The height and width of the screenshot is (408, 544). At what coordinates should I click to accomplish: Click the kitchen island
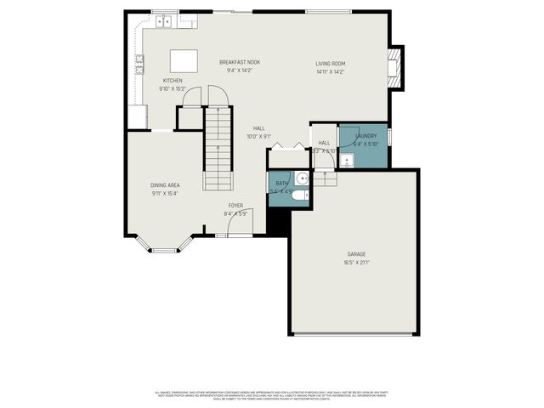[x=183, y=60]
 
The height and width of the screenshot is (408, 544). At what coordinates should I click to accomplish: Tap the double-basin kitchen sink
[x=162, y=20]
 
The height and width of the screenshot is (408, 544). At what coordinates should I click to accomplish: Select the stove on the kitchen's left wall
[x=139, y=62]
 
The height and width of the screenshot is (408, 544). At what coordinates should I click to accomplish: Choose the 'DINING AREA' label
[x=165, y=185]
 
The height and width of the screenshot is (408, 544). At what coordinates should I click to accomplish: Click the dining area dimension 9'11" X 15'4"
[x=165, y=194]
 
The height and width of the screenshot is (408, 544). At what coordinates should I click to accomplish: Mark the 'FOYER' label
[x=235, y=206]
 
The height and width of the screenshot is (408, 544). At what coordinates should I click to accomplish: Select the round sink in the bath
[x=301, y=179]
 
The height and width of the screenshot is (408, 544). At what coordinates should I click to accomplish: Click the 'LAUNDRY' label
[x=365, y=136]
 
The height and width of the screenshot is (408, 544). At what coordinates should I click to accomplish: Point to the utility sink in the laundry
[x=348, y=159]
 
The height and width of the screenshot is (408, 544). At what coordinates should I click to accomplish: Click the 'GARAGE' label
[x=356, y=254]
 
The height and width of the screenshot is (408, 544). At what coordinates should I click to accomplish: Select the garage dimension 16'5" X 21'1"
[x=356, y=263]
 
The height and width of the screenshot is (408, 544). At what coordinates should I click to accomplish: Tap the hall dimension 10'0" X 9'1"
[x=258, y=136]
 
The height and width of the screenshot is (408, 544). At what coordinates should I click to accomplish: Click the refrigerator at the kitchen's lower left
[x=138, y=116]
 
